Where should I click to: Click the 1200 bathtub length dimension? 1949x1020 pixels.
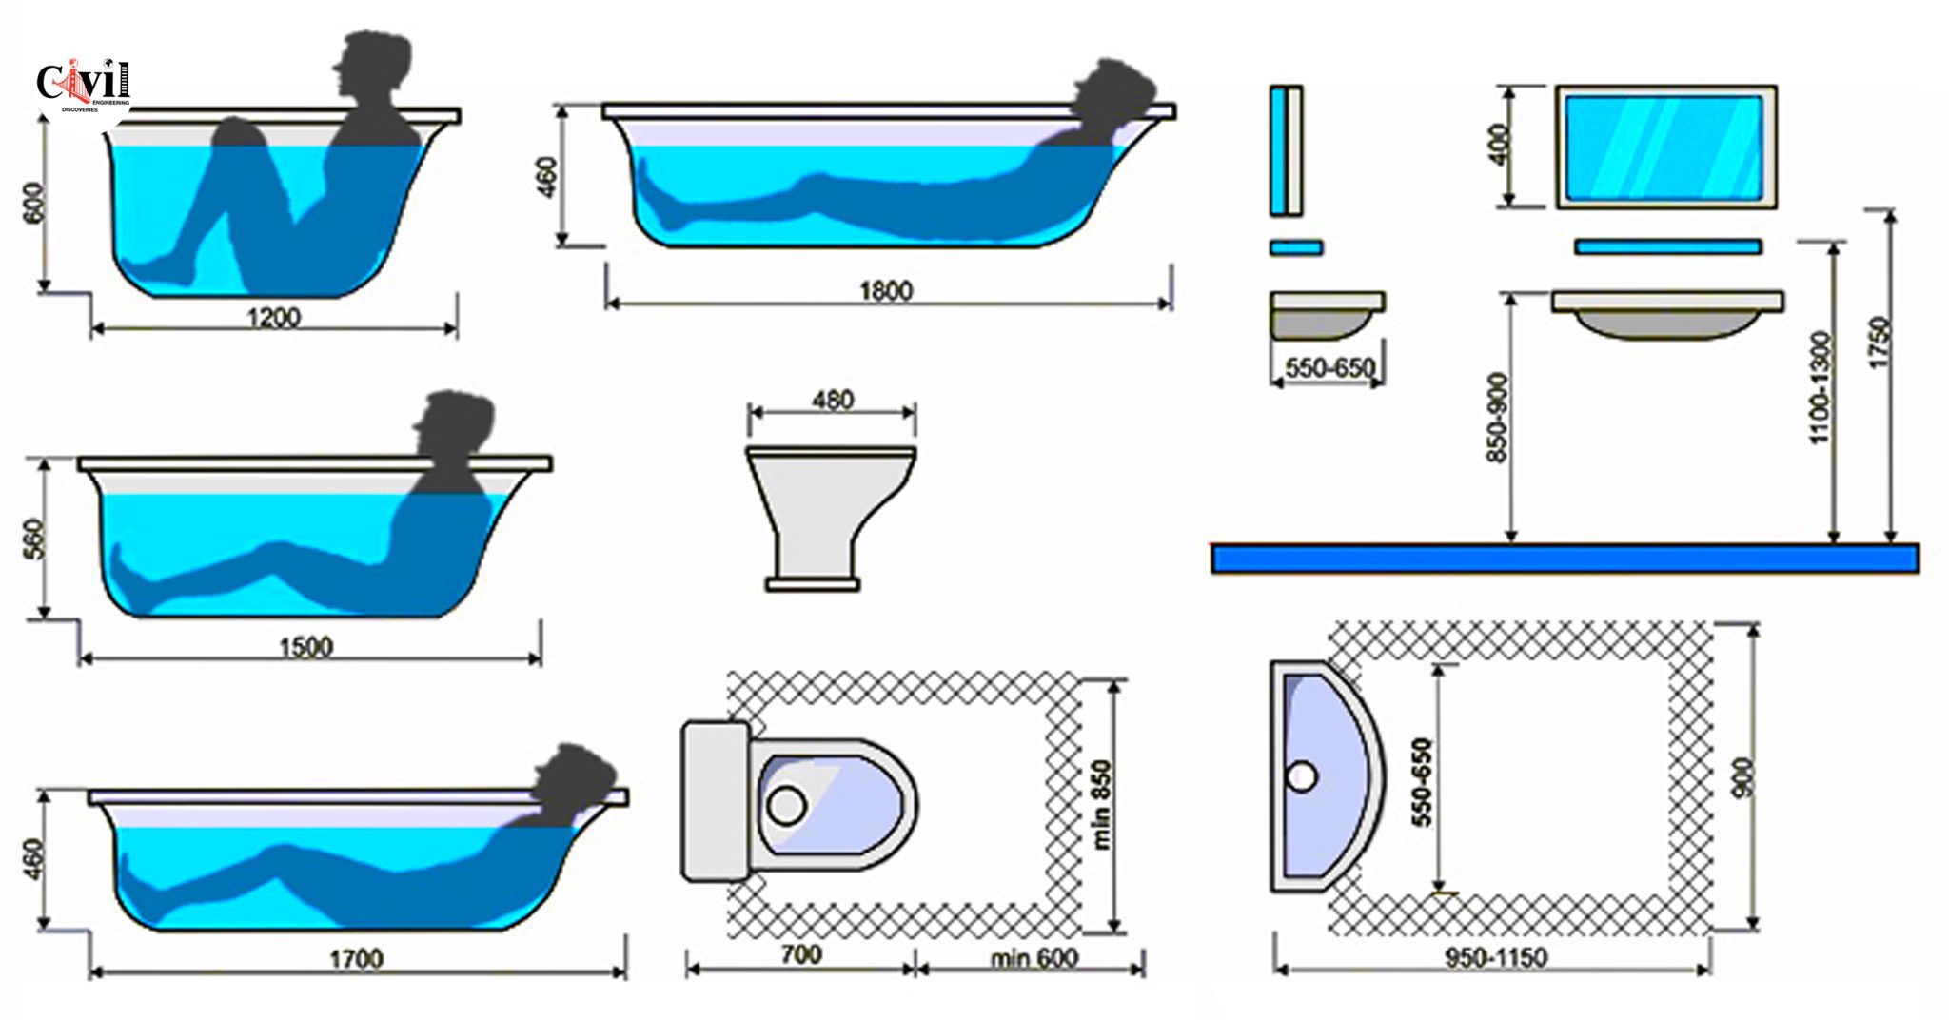click(x=273, y=317)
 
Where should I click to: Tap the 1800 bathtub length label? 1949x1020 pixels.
click(x=885, y=290)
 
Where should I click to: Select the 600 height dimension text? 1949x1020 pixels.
click(x=33, y=203)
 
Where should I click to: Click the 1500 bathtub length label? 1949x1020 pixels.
click(x=305, y=647)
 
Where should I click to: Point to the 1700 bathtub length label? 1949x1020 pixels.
click(x=356, y=958)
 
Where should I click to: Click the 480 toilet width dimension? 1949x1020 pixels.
click(x=833, y=400)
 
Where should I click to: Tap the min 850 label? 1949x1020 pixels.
click(x=1101, y=804)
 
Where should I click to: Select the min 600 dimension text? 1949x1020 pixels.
click(x=1034, y=957)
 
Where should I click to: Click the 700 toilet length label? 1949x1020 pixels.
click(x=800, y=954)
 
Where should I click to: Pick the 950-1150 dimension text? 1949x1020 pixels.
click(x=1496, y=957)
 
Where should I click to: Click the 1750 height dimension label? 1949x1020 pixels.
click(x=1880, y=343)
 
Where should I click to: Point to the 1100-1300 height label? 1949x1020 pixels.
click(x=1819, y=387)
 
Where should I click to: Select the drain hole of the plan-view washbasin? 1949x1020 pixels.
click(x=1302, y=776)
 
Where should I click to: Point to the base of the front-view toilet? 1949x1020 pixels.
click(x=813, y=583)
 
